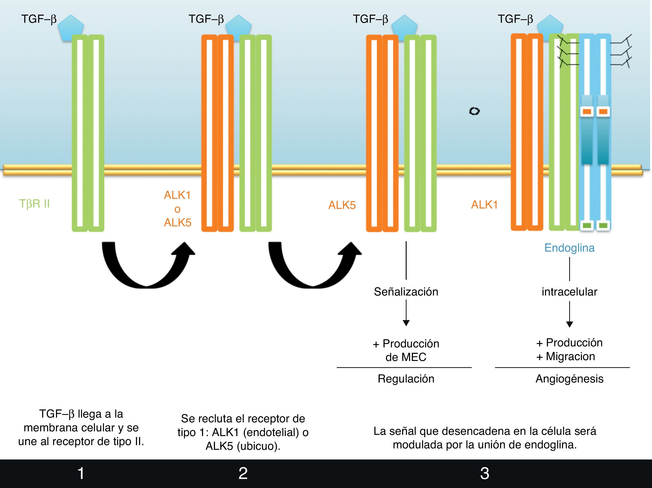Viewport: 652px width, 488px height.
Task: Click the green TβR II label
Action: point(34,204)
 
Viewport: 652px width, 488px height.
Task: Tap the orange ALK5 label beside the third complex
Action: point(342,205)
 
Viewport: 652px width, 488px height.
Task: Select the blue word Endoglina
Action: point(569,248)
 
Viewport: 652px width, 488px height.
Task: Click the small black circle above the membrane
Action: point(474,111)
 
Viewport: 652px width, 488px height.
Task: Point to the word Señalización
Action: point(406,292)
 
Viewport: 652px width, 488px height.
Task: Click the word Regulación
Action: point(406,379)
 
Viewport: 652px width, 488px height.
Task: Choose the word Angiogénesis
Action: point(569,379)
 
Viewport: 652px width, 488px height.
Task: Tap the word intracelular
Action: point(569,292)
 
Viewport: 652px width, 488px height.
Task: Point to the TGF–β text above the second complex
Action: point(206,19)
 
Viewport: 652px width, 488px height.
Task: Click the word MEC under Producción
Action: point(414,357)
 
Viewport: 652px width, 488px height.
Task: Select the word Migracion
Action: point(570,357)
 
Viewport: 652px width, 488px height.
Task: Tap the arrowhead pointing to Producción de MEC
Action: point(406,323)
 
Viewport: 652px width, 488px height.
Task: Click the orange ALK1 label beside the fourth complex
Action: point(484,205)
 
